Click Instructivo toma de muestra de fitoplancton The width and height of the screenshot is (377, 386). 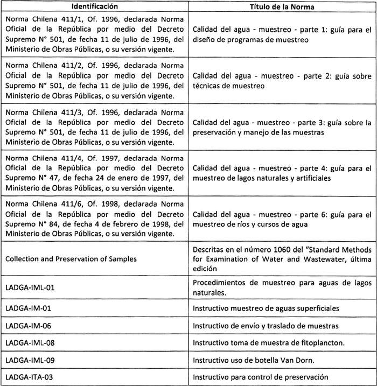coord(268,343)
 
